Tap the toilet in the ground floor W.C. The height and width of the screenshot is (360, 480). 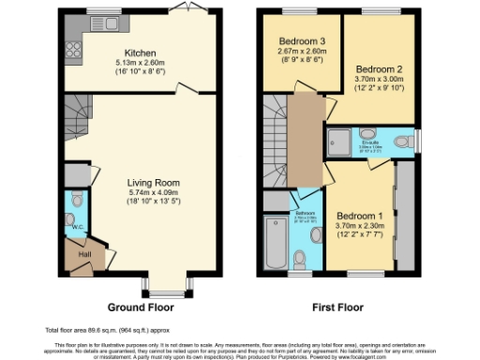point(76,200)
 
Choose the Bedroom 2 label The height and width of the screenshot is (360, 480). point(379,69)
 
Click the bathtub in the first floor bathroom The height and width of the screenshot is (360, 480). point(277,242)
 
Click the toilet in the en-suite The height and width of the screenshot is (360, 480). point(401,142)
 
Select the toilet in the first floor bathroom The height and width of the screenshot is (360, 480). point(301,257)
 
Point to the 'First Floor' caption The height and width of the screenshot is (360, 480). point(339,307)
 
